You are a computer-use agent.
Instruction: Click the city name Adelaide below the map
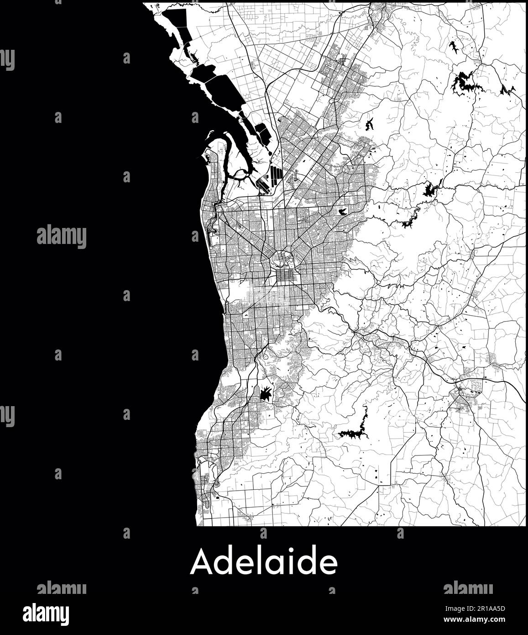tap(264, 563)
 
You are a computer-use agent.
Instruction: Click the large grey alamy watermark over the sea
tap(61, 237)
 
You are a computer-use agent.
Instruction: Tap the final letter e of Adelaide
tap(329, 566)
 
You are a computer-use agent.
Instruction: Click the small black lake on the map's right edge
tap(507, 89)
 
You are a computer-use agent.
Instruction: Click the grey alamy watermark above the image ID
tap(468, 588)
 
